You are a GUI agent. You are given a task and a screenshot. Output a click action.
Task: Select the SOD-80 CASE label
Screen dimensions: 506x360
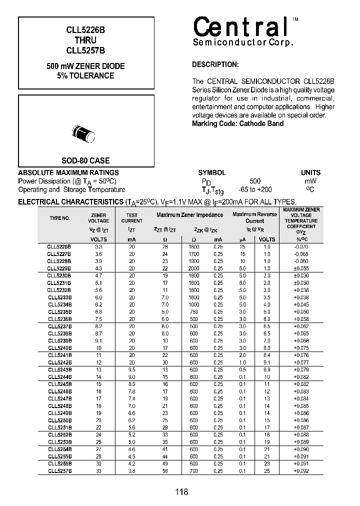(x=85, y=161)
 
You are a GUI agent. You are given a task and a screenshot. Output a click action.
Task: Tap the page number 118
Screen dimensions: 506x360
(x=181, y=492)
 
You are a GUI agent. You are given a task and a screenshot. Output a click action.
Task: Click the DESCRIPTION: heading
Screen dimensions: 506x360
(x=215, y=64)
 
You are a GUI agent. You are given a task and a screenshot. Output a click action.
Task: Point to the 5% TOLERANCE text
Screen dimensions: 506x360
(x=85, y=76)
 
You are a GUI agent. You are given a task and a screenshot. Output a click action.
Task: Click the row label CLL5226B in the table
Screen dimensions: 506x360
(x=59, y=247)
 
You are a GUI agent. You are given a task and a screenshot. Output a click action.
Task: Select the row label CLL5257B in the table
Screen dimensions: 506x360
(x=59, y=471)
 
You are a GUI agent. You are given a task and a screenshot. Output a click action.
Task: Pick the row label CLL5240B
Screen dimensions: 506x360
(x=59, y=347)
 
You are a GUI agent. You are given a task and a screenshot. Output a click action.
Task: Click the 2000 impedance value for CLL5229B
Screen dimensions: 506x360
(x=194, y=268)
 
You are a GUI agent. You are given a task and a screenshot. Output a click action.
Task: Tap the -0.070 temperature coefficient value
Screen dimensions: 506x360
(x=301, y=247)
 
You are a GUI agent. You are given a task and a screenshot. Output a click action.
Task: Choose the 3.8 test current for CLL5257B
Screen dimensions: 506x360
(x=131, y=471)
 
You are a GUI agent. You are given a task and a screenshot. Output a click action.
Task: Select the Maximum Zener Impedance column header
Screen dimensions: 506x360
(x=189, y=215)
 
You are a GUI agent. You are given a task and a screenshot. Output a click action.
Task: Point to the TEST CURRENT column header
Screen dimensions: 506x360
(x=131, y=217)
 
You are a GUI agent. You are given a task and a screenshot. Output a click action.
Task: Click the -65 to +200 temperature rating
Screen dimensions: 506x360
(x=255, y=189)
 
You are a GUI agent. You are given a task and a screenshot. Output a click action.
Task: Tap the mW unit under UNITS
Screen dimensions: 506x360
(x=310, y=181)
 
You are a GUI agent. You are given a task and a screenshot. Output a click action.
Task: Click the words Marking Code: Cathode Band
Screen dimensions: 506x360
(x=237, y=123)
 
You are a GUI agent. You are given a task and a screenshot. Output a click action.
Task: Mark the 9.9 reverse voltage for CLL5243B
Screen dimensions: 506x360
(x=266, y=369)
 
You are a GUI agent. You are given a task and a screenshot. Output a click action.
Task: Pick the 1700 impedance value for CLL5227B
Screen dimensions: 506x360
(x=194, y=254)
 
